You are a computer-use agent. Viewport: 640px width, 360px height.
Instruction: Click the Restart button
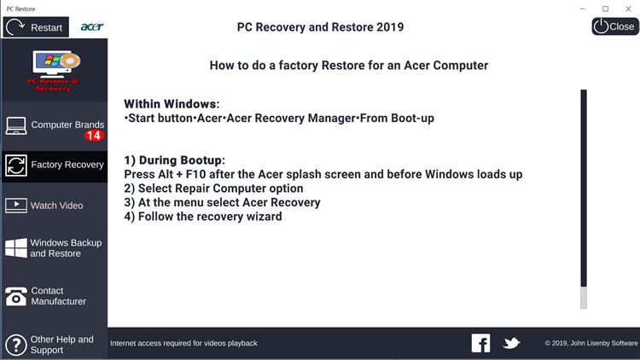[36, 27]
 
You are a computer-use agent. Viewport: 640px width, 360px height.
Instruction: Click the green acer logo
[92, 27]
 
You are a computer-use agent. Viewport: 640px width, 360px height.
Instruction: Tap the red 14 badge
[94, 136]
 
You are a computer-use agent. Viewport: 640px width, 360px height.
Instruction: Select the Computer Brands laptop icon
[16, 126]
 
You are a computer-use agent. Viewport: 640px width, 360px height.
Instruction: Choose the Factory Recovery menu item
[55, 165]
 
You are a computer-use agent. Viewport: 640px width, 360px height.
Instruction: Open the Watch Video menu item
[55, 206]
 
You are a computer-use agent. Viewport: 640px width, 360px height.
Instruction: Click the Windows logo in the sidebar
[16, 247]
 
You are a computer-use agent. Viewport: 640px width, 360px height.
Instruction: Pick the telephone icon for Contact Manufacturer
[16, 297]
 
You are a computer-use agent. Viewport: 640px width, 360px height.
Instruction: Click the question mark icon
[16, 345]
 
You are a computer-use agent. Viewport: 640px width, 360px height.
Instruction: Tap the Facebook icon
[480, 343]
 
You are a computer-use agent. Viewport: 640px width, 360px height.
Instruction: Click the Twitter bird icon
[511, 343]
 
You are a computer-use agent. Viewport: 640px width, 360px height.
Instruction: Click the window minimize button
[583, 9]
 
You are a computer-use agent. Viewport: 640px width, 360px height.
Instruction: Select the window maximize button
[605, 9]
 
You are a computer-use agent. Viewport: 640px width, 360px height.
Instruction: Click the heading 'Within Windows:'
[172, 104]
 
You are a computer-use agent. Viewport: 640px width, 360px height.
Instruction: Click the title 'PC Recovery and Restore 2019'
[320, 27]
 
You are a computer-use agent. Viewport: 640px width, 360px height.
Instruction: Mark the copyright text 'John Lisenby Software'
[604, 343]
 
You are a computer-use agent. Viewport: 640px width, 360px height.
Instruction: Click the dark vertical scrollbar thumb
[584, 189]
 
